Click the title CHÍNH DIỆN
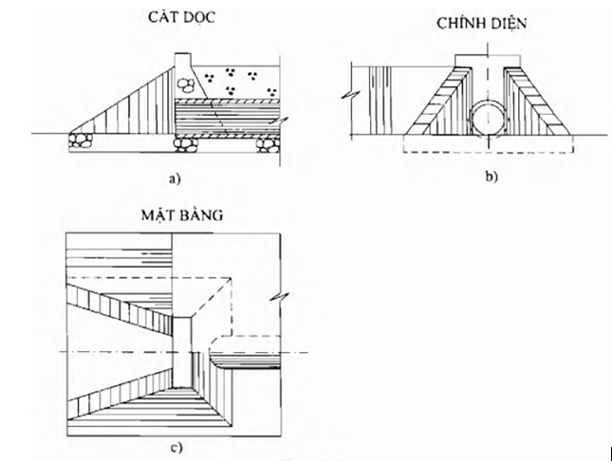(x=486, y=23)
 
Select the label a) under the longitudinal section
(x=173, y=176)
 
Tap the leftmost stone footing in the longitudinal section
(x=80, y=141)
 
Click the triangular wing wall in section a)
(x=133, y=109)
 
